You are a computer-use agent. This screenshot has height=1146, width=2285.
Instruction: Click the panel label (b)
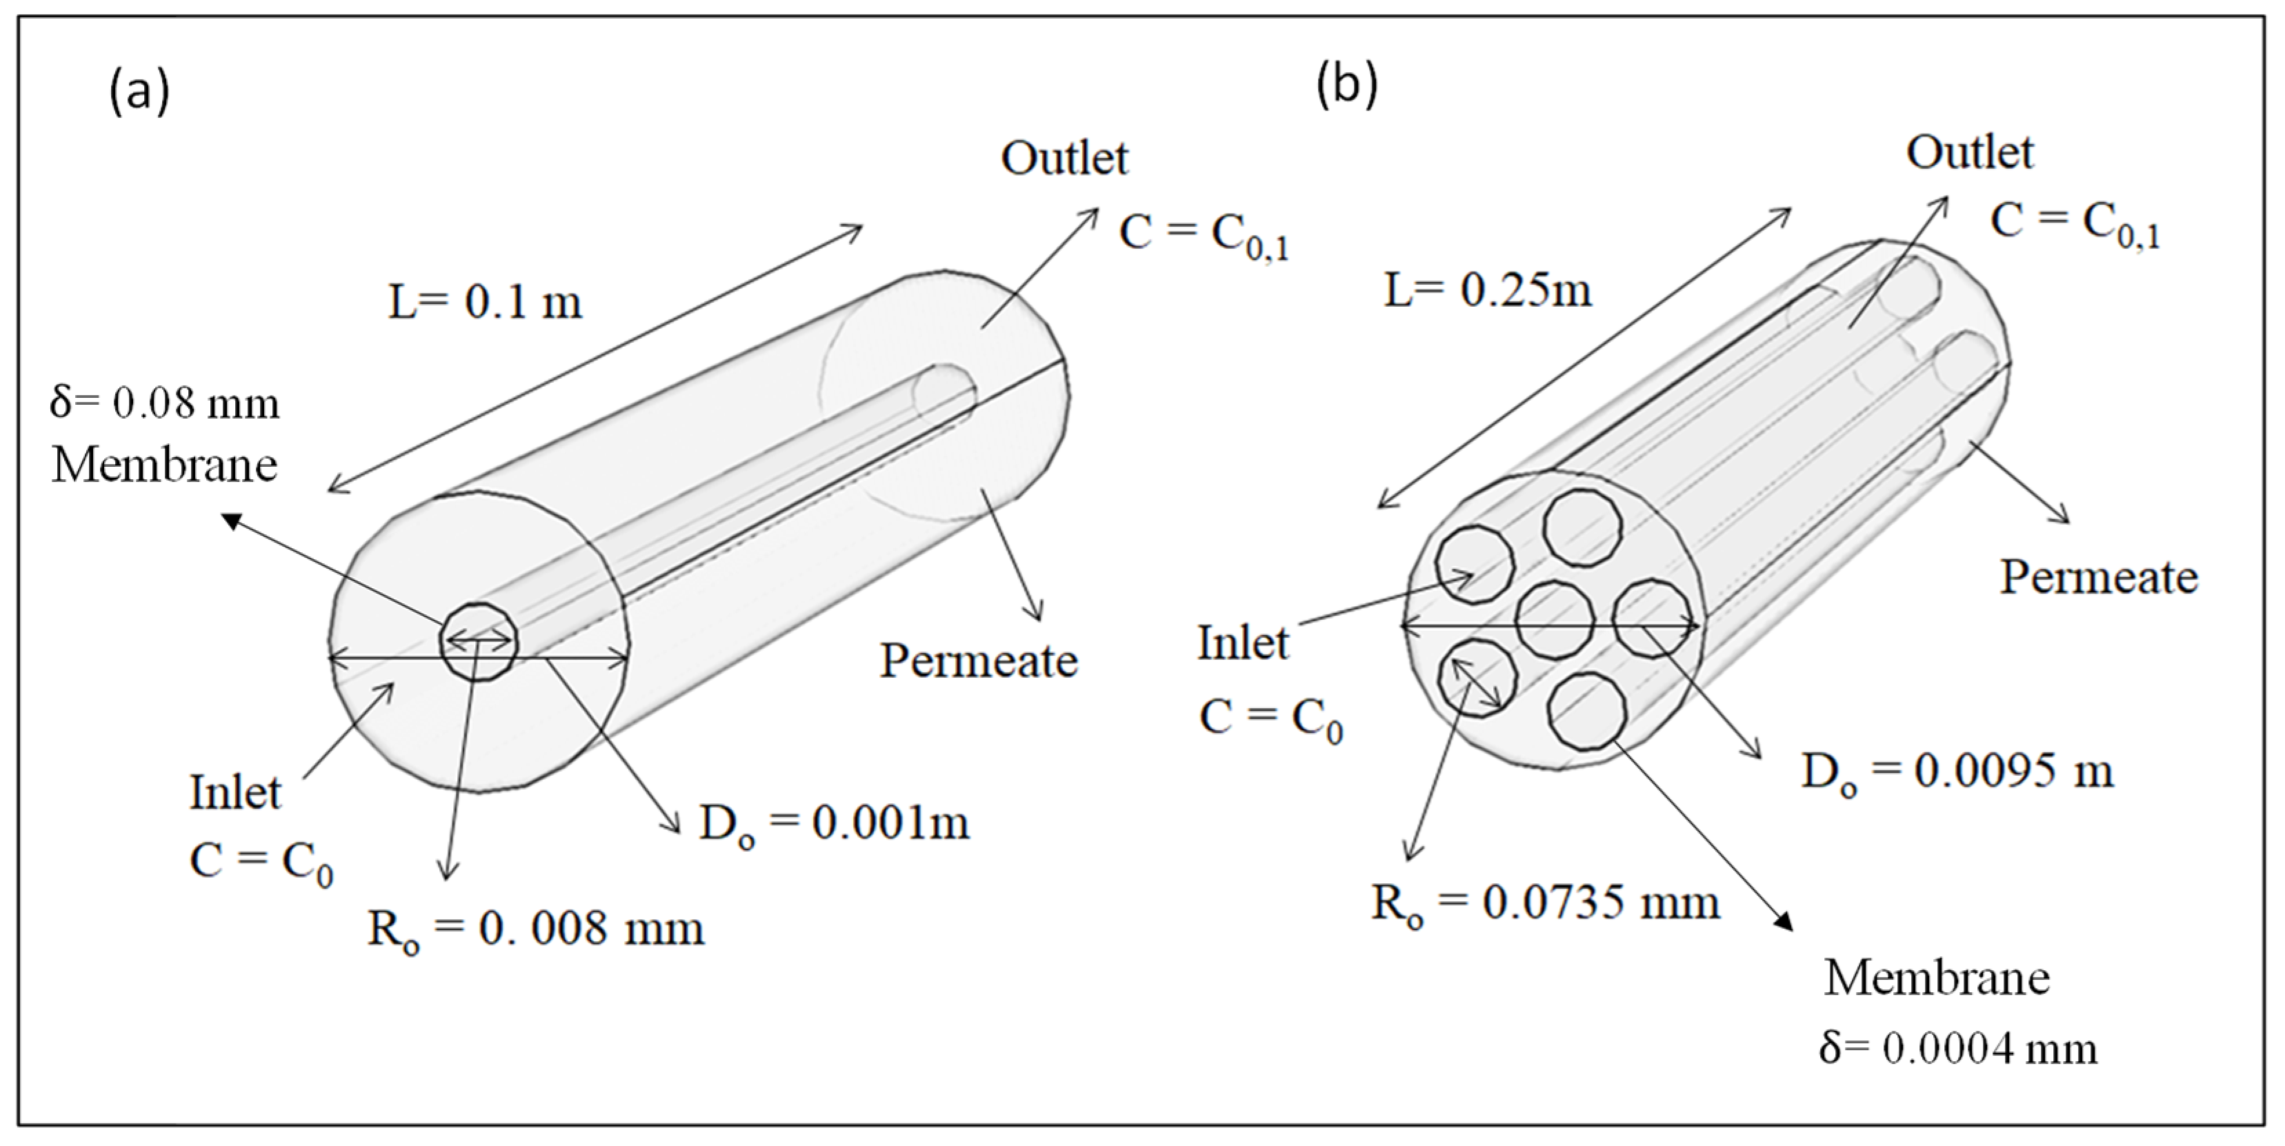tap(1346, 86)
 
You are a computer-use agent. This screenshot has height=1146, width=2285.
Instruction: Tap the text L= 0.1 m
tap(485, 303)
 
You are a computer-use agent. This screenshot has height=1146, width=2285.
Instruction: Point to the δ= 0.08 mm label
tap(165, 403)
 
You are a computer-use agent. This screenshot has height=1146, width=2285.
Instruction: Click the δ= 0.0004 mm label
tap(1957, 1048)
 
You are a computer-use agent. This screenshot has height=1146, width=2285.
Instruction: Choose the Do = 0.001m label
tap(834, 824)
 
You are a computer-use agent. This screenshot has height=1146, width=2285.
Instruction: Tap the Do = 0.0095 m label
tap(1957, 772)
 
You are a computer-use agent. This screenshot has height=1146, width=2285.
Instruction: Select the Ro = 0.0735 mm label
tap(1545, 904)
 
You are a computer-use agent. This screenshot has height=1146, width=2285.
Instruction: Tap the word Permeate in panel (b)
tap(2099, 577)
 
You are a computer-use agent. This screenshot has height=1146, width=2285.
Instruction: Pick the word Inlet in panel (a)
tap(235, 792)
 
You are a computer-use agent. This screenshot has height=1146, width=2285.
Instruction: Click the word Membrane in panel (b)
tap(1937, 978)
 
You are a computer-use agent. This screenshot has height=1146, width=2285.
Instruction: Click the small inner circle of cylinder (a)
tap(479, 641)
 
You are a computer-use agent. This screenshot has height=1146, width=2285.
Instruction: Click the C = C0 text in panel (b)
tap(1271, 718)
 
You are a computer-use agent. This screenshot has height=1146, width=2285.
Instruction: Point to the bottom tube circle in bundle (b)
tap(1588, 712)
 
